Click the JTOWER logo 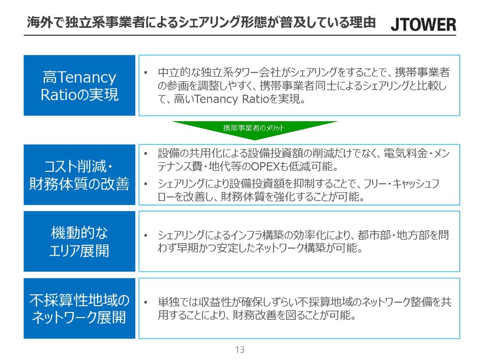click(423, 24)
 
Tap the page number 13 click(240, 349)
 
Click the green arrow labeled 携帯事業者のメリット click(254, 130)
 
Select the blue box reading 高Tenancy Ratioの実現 click(79, 85)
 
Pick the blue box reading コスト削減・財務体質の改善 click(79, 175)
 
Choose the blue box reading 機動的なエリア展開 click(79, 241)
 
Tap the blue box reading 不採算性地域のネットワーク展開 click(79, 308)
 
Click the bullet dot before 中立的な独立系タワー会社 click(146, 73)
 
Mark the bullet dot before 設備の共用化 click(146, 153)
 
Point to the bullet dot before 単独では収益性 click(146, 302)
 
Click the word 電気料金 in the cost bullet click(405, 153)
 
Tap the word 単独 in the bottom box click(168, 302)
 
